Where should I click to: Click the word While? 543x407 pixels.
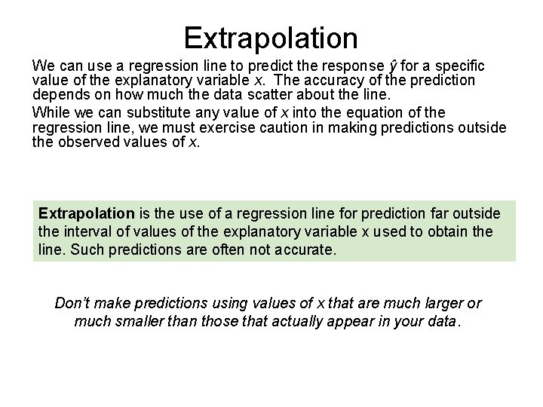[x=50, y=112]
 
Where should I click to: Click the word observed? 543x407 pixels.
[x=96, y=140]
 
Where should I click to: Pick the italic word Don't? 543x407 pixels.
[x=73, y=304]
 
